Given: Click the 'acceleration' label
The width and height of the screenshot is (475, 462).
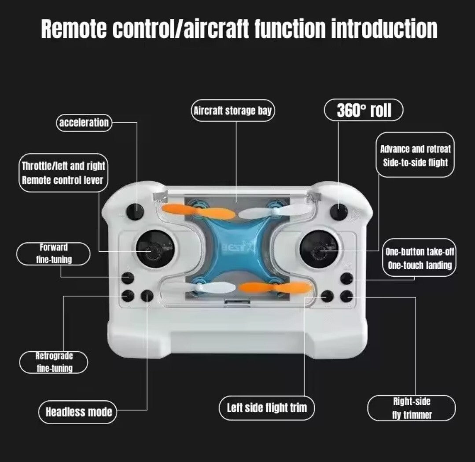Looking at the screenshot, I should point(84,123).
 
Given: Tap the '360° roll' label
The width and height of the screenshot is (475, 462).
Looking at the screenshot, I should point(364,110).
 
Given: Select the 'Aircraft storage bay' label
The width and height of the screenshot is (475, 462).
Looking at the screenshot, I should point(232,111).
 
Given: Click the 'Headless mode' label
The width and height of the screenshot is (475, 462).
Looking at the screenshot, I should point(78,412).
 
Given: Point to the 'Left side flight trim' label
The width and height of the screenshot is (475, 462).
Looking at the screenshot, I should point(267,407).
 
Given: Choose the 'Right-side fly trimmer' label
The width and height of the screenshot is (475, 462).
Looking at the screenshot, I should point(412,408).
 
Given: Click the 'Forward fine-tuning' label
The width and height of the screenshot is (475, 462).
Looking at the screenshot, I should point(53,253).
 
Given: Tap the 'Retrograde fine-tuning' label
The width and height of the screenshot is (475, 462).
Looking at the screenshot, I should point(54,362).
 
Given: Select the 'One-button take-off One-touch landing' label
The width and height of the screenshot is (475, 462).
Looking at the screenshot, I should point(419,258).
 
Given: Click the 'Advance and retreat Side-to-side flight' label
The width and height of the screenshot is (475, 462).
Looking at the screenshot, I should point(415,155).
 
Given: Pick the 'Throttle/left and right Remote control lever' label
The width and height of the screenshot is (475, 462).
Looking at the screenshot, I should point(63,172).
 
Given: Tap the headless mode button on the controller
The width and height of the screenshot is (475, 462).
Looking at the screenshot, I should point(147,296).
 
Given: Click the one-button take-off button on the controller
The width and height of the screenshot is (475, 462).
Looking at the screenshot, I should point(347,278).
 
